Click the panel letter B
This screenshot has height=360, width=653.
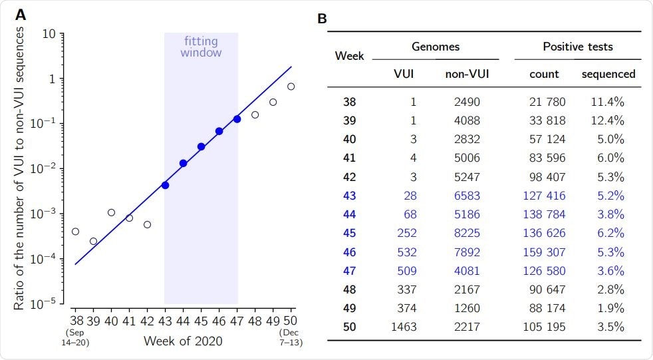pyautogui.click(x=322, y=19)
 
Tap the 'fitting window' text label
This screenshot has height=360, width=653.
pyautogui.click(x=201, y=47)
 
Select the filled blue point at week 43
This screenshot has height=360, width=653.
pyautogui.click(x=165, y=185)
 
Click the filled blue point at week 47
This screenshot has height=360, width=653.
pyautogui.click(x=237, y=119)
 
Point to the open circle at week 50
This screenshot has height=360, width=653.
pyautogui.click(x=291, y=87)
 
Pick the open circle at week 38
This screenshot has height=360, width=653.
pyautogui.click(x=75, y=232)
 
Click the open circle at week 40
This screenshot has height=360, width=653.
pyautogui.click(x=111, y=213)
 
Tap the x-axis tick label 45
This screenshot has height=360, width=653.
pyautogui.click(x=201, y=319)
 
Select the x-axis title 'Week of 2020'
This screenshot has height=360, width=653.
pyautogui.click(x=183, y=341)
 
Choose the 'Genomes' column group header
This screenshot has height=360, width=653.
pyautogui.click(x=435, y=47)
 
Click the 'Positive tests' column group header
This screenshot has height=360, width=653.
pyautogui.click(x=577, y=47)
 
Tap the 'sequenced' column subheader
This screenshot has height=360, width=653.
pyautogui.click(x=608, y=75)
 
